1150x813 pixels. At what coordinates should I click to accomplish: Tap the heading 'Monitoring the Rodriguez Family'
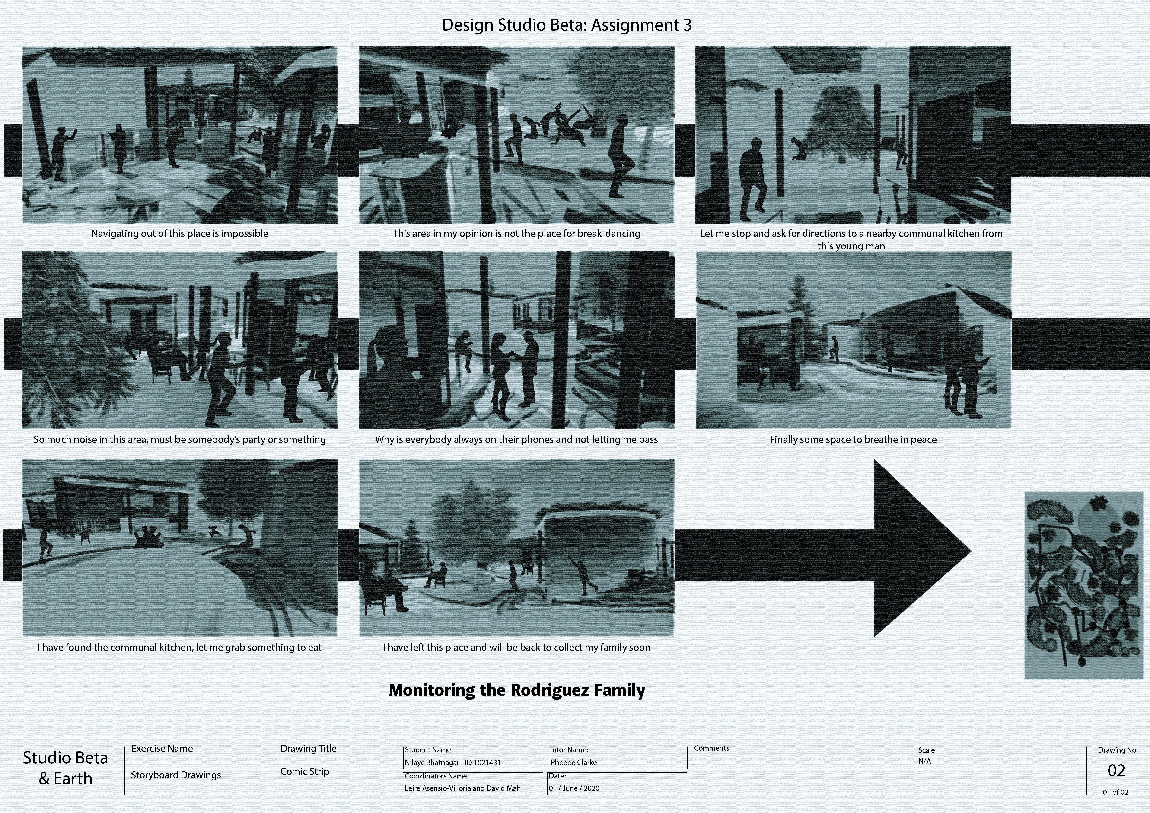517,690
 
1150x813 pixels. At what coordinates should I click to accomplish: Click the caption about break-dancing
516,233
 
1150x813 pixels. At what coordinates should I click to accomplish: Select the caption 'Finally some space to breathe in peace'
853,440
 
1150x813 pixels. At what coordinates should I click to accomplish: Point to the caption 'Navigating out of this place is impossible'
180,233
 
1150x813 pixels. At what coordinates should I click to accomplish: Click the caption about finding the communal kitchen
180,647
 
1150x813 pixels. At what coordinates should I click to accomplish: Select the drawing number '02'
1116,770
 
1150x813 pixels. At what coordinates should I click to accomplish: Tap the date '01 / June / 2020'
574,788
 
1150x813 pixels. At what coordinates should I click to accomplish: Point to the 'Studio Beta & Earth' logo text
66,768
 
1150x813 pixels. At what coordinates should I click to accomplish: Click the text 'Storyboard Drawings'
176,775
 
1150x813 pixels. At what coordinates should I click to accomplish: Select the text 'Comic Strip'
305,772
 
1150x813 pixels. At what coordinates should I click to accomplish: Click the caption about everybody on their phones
516,440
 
